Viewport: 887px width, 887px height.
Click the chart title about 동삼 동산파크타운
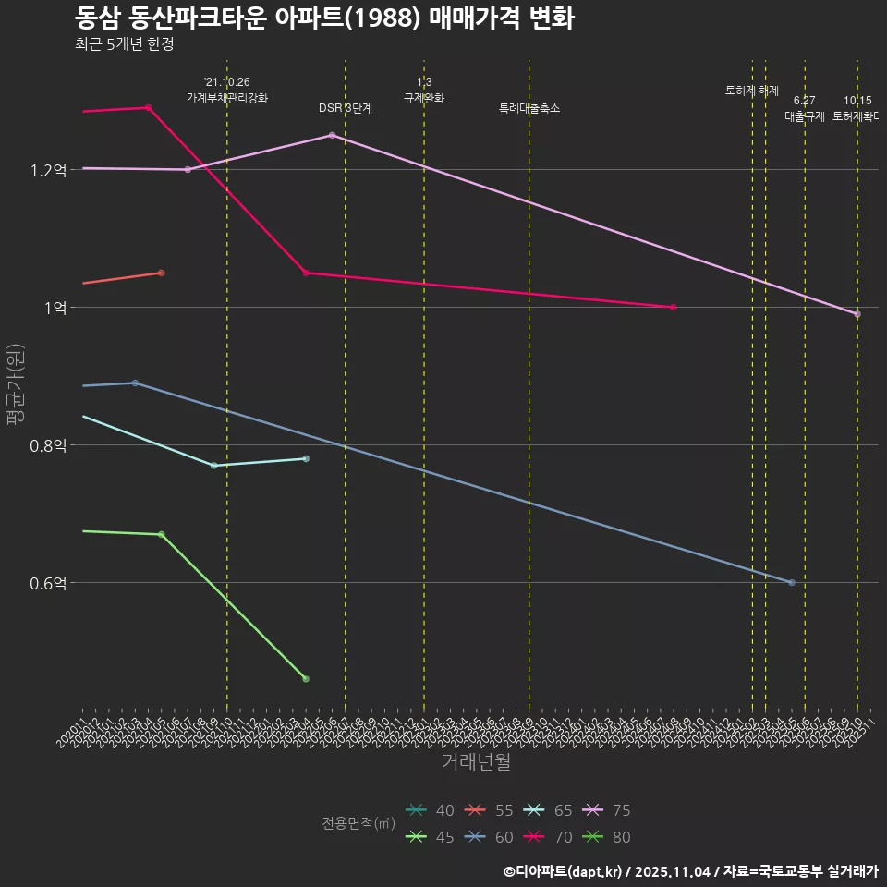coord(324,18)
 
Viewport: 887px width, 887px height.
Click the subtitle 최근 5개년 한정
coord(124,43)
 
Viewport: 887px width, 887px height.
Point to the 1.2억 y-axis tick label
coord(47,170)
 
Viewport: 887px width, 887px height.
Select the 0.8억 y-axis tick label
coord(47,445)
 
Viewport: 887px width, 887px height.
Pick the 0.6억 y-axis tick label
coord(47,583)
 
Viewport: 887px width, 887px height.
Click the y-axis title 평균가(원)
coord(16,383)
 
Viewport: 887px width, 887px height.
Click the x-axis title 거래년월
coord(476,762)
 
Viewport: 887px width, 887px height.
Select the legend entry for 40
coord(431,810)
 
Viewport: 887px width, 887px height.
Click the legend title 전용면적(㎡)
coord(358,823)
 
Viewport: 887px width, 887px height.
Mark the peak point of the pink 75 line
coord(332,135)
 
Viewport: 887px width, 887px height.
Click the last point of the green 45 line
coord(306,679)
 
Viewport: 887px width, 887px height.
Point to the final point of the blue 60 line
coord(792,582)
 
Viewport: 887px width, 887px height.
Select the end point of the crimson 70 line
coord(674,307)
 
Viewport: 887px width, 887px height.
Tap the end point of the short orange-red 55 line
coord(161,273)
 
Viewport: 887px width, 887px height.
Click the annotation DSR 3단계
coord(346,108)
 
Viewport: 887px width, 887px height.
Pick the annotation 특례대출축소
coord(529,108)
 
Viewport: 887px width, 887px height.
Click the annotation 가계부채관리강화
coord(227,98)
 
